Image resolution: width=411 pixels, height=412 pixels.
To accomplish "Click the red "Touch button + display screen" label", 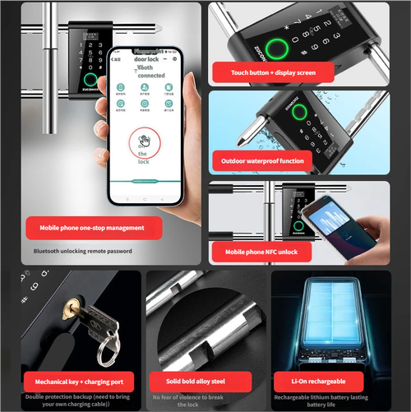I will tap(271, 72).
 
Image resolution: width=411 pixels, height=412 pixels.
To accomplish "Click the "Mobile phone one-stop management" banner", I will tap(92, 227).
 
